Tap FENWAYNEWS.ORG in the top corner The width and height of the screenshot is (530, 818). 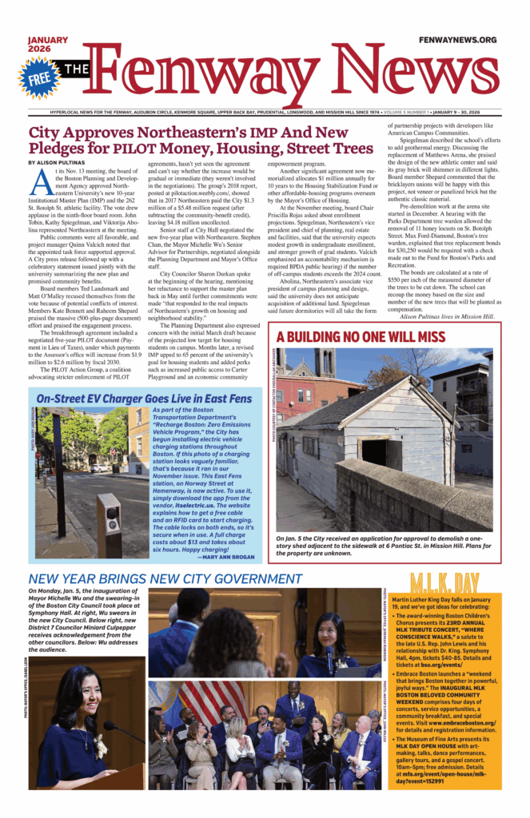click(457, 40)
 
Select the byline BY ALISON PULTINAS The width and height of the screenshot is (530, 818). click(60, 162)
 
